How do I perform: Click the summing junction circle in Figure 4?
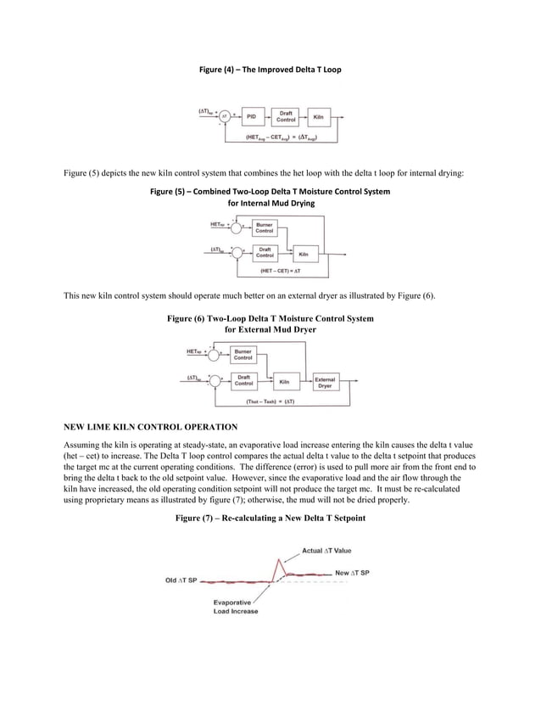tap(225, 116)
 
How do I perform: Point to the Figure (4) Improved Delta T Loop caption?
tap(270, 69)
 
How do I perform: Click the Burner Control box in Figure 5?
tap(264, 227)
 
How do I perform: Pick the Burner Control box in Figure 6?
tap(243, 355)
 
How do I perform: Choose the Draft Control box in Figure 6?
tap(243, 381)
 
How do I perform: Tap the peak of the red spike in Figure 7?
tap(278, 559)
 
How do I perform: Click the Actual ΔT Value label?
tap(326, 551)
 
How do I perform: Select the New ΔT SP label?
tap(352, 573)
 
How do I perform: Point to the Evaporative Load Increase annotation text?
tap(236, 606)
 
